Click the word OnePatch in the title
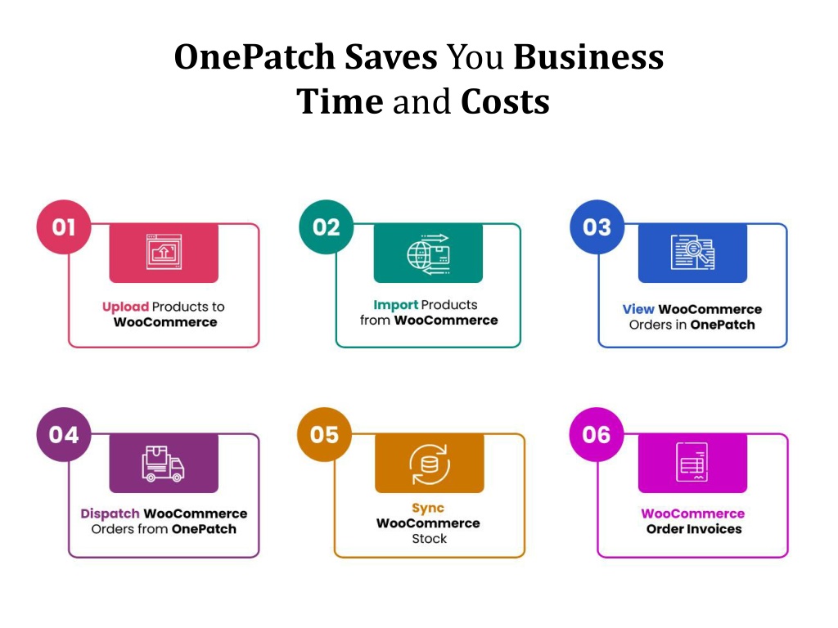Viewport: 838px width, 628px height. (x=255, y=56)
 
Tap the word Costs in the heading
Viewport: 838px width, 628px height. (x=505, y=101)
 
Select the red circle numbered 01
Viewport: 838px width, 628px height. (x=64, y=227)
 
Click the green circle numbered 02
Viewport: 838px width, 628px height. (x=326, y=227)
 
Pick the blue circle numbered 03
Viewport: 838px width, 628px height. (x=597, y=227)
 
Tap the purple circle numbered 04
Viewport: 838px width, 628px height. (x=64, y=435)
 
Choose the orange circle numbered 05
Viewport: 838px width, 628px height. (x=324, y=435)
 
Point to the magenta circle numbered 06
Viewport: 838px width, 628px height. (x=596, y=435)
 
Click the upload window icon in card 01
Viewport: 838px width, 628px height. (x=164, y=252)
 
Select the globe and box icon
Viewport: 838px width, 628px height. (x=428, y=253)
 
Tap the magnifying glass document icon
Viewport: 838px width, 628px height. (x=692, y=252)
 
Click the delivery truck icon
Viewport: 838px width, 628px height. (x=163, y=464)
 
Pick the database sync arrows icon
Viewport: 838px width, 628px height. (x=430, y=464)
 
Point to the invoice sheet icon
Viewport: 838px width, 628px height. (x=692, y=462)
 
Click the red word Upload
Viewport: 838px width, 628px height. (x=125, y=307)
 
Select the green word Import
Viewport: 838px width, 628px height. (x=396, y=305)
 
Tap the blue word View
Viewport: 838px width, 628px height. (x=638, y=309)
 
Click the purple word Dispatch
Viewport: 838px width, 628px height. (x=110, y=514)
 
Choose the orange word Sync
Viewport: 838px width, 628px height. (x=428, y=509)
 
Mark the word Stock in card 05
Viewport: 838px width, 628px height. (x=429, y=539)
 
